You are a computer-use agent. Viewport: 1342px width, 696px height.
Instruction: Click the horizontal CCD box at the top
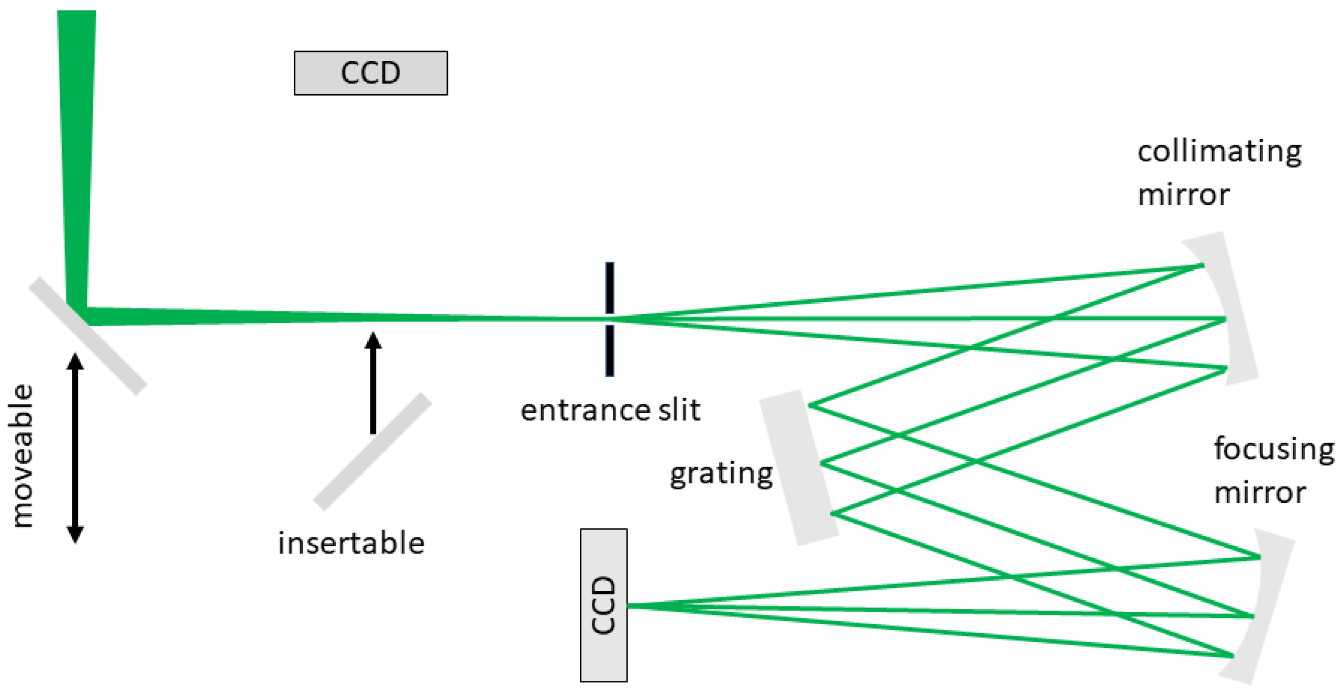(x=370, y=73)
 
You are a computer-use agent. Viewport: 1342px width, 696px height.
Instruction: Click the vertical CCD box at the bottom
(x=603, y=605)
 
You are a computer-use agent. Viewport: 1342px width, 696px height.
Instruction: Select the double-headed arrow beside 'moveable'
(x=75, y=448)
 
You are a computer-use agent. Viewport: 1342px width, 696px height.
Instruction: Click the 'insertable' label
(x=351, y=543)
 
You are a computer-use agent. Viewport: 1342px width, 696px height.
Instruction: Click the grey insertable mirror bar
(x=372, y=451)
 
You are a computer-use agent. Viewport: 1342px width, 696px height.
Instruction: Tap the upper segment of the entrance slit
(x=610, y=288)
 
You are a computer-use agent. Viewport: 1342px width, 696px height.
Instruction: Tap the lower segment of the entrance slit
(x=610, y=350)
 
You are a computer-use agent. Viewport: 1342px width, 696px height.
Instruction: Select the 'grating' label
(x=721, y=474)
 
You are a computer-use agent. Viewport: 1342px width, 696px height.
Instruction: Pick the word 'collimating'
(x=1219, y=152)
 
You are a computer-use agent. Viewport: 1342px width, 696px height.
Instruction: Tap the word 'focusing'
(x=1274, y=449)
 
